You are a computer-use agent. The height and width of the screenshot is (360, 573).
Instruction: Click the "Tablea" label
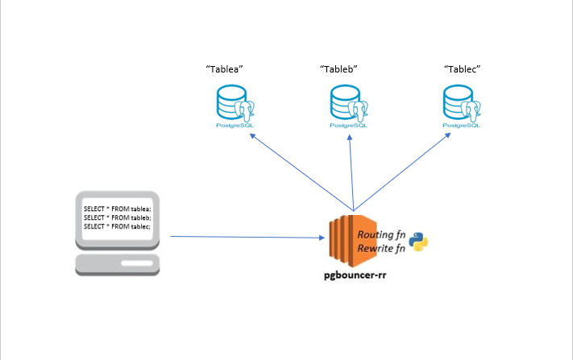[x=225, y=70]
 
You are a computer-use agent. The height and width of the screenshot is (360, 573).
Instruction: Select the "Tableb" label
[x=338, y=70]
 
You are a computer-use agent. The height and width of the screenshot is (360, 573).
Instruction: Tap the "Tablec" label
[x=462, y=70]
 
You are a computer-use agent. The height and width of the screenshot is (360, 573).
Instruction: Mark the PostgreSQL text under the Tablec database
[x=463, y=126]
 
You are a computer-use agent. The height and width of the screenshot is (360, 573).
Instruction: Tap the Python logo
[x=418, y=241]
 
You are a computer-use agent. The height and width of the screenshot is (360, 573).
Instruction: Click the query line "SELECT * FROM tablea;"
[x=117, y=210]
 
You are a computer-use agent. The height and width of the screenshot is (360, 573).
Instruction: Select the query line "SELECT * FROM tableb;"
[x=117, y=218]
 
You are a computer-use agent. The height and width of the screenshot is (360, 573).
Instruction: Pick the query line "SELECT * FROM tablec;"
[x=117, y=226]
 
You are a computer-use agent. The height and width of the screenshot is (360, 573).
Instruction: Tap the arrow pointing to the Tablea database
[x=298, y=168]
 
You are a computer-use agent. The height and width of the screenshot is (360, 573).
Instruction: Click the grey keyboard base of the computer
[x=117, y=263]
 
